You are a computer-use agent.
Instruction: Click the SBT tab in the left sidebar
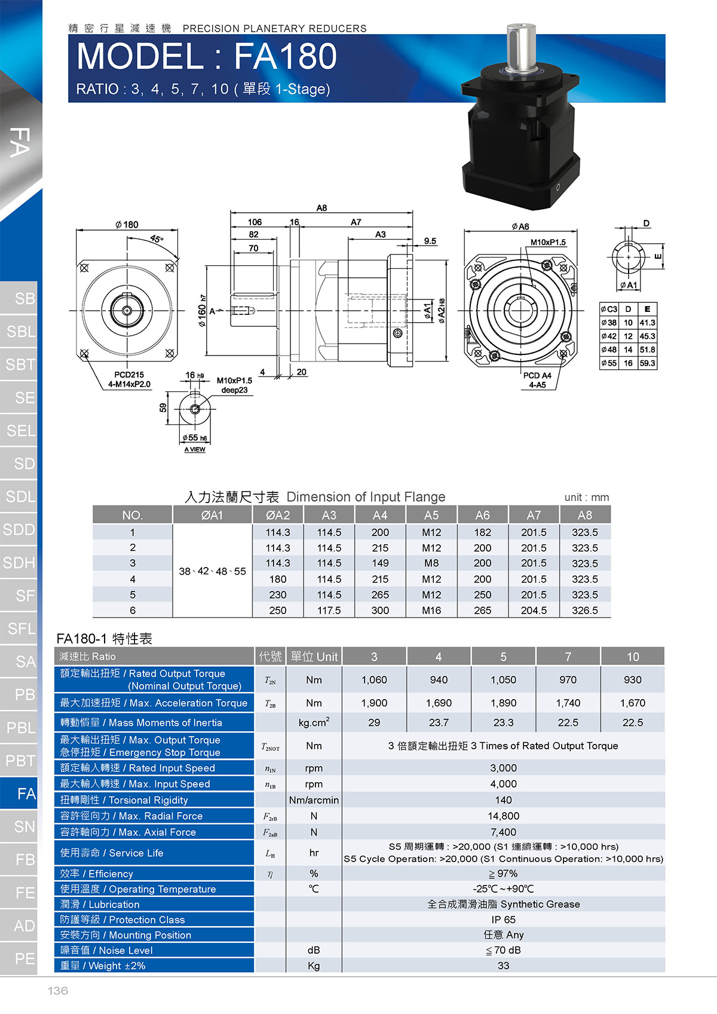[20, 364]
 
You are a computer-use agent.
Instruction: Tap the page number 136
[57, 991]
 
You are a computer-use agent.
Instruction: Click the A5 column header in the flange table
[431, 515]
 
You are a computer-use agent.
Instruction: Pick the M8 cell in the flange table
[431, 563]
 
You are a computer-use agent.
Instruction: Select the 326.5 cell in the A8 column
[585, 610]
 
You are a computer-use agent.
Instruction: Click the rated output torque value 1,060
[375, 680]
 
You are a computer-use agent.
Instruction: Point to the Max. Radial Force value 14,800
[503, 816]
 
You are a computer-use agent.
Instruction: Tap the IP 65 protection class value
[503, 920]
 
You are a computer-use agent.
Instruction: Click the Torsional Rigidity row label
[124, 800]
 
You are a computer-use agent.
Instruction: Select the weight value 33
[503, 966]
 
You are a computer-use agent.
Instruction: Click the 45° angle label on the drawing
[157, 238]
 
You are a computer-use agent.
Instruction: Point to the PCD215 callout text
[129, 375]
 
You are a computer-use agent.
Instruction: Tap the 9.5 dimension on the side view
[430, 241]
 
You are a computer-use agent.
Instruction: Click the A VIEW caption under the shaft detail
[195, 449]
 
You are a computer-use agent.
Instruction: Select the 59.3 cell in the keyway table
[647, 363]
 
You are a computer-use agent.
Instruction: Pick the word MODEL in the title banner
[140, 57]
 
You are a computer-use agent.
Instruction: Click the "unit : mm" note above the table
[587, 498]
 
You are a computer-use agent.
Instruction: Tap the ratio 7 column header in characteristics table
[568, 657]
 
